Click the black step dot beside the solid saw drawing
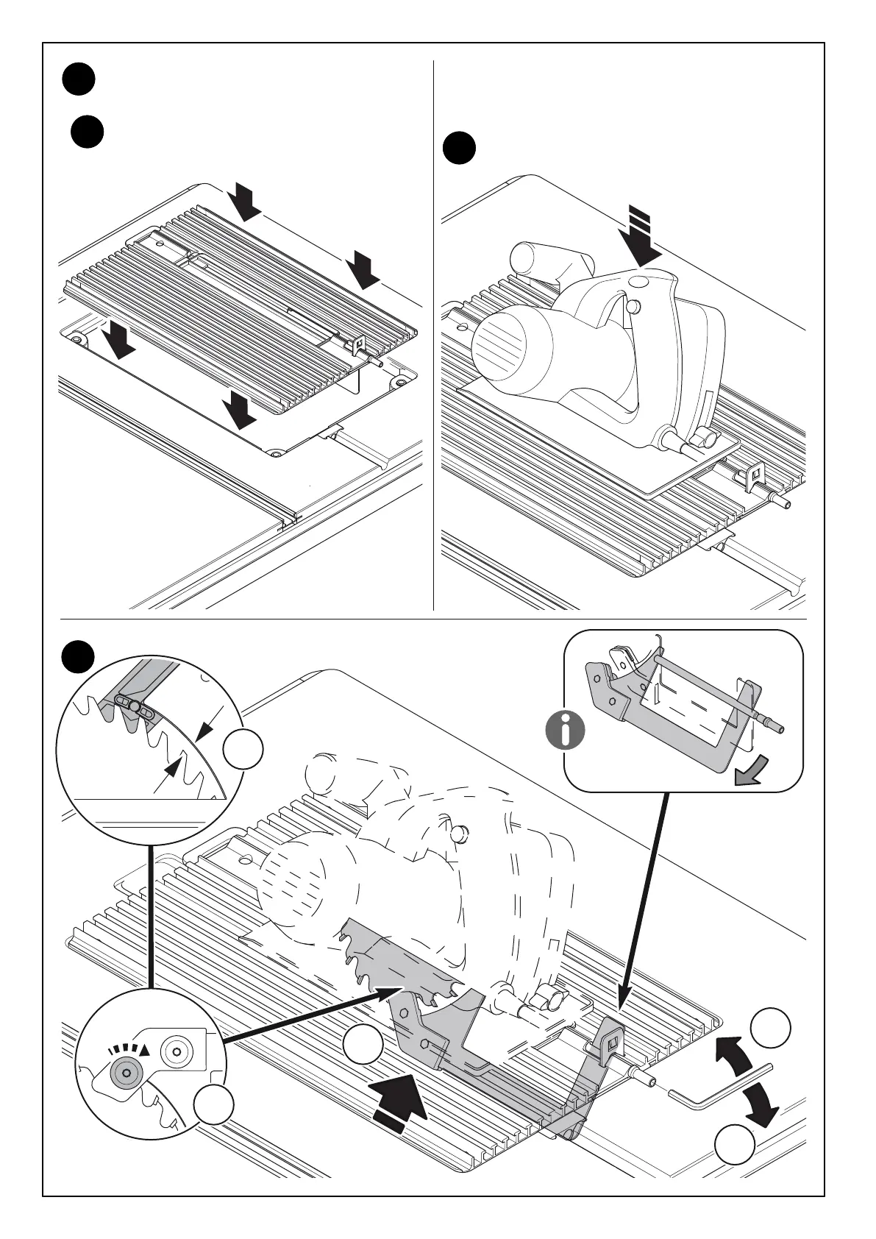[x=460, y=148]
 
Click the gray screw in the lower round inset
[x=127, y=1073]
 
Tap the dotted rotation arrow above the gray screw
[x=129, y=1049]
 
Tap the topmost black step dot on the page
[x=78, y=79]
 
